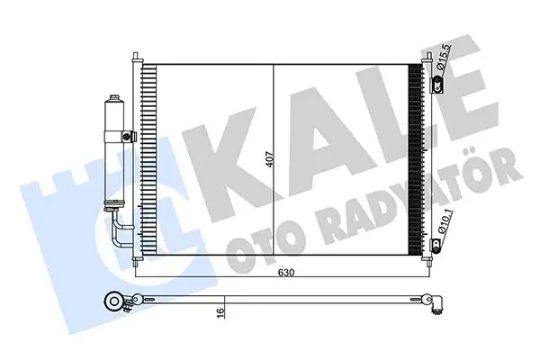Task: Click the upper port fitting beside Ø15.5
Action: pyautogui.click(x=438, y=86)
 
